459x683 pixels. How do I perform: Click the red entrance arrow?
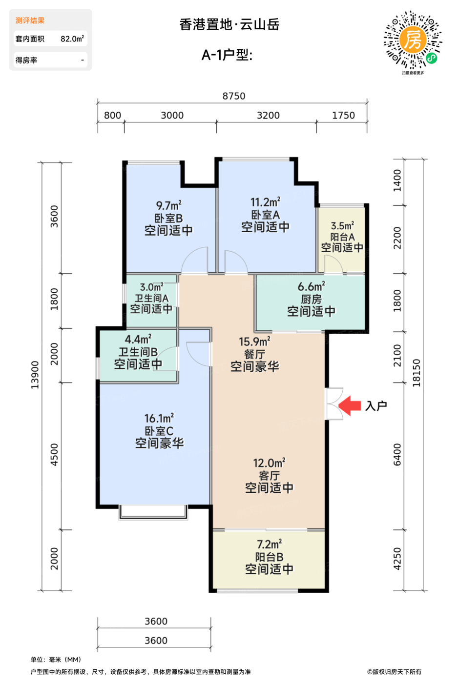pyautogui.click(x=350, y=405)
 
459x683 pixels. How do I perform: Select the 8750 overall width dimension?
pyautogui.click(x=234, y=96)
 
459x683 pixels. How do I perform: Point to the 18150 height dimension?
pyautogui.click(x=417, y=373)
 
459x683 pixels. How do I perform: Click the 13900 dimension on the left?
pyautogui.click(x=35, y=375)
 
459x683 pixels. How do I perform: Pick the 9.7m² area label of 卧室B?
pyautogui.click(x=168, y=205)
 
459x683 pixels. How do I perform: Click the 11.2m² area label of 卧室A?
pyautogui.click(x=265, y=202)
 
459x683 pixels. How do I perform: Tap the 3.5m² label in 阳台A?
pyautogui.click(x=342, y=226)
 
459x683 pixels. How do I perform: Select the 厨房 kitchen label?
pyautogui.click(x=311, y=299)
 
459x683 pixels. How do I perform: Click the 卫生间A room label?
pyautogui.click(x=151, y=298)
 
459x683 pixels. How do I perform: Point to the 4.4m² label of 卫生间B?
pyautogui.click(x=138, y=339)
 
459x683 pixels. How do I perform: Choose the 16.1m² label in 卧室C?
pyautogui.click(x=159, y=419)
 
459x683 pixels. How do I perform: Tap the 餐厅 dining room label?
pyautogui.click(x=254, y=354)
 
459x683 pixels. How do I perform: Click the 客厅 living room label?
pyautogui.click(x=269, y=476)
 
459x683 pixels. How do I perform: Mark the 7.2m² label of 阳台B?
pyautogui.click(x=269, y=544)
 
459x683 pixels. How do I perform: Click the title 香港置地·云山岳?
pyautogui.click(x=229, y=24)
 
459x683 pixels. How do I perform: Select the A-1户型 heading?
pyautogui.click(x=227, y=55)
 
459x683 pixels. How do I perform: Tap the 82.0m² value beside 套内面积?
pyautogui.click(x=72, y=39)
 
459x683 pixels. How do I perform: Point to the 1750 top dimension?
pyautogui.click(x=343, y=116)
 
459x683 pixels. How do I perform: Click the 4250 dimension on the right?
pyautogui.click(x=397, y=559)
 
